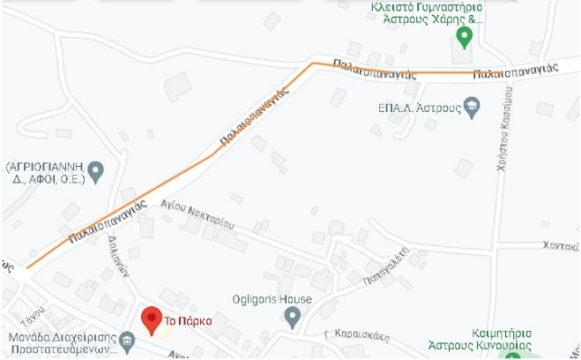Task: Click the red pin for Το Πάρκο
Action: pyautogui.click(x=152, y=319)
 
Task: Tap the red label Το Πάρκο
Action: pyautogui.click(x=187, y=321)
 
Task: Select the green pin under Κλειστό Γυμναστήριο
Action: pyautogui.click(x=466, y=37)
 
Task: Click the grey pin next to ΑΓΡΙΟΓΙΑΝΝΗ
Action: pyautogui.click(x=95, y=169)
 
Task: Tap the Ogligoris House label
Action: pyautogui.click(x=272, y=299)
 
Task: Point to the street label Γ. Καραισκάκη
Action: pyautogui.click(x=350, y=334)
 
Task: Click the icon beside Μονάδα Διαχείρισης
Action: pyautogui.click(x=127, y=340)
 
